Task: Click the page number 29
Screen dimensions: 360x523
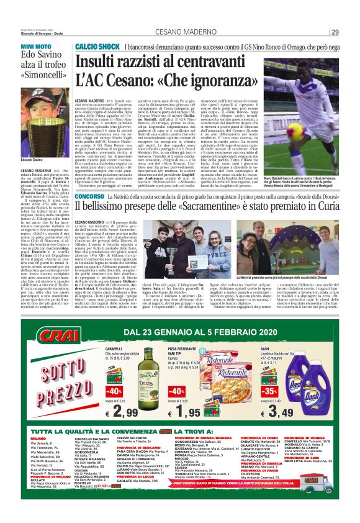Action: pyautogui.click(x=335, y=32)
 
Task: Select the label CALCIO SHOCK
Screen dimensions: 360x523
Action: pyautogui.click(x=96, y=47)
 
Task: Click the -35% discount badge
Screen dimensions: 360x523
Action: pyautogui.click(x=270, y=392)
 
